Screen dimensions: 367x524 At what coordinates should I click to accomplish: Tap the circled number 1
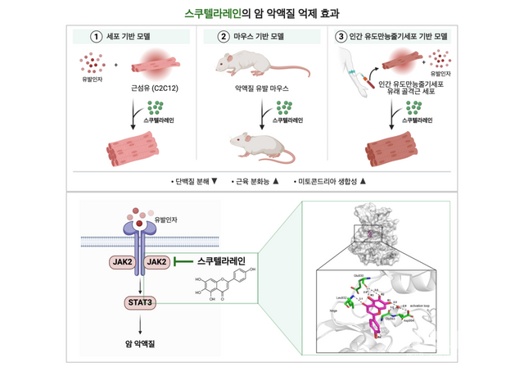pos(96,38)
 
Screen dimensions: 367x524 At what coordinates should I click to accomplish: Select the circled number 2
pos(223,38)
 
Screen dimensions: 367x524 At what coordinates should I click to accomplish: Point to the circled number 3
pos(341,38)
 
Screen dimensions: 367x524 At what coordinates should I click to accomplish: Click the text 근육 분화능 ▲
pos(254,179)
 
